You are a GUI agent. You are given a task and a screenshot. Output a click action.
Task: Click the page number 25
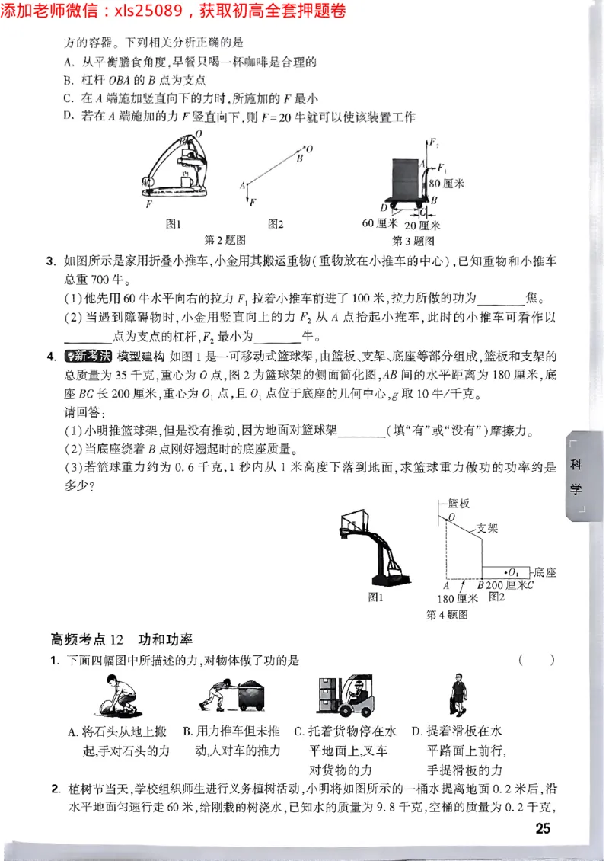542,829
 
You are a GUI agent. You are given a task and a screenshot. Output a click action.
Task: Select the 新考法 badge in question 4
89,356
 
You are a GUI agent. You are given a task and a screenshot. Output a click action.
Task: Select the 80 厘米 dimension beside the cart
446,183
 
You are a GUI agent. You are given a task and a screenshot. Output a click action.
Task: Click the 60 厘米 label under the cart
380,224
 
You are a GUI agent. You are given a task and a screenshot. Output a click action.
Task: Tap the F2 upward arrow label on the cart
434,142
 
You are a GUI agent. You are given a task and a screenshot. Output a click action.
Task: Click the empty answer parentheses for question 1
536,660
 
